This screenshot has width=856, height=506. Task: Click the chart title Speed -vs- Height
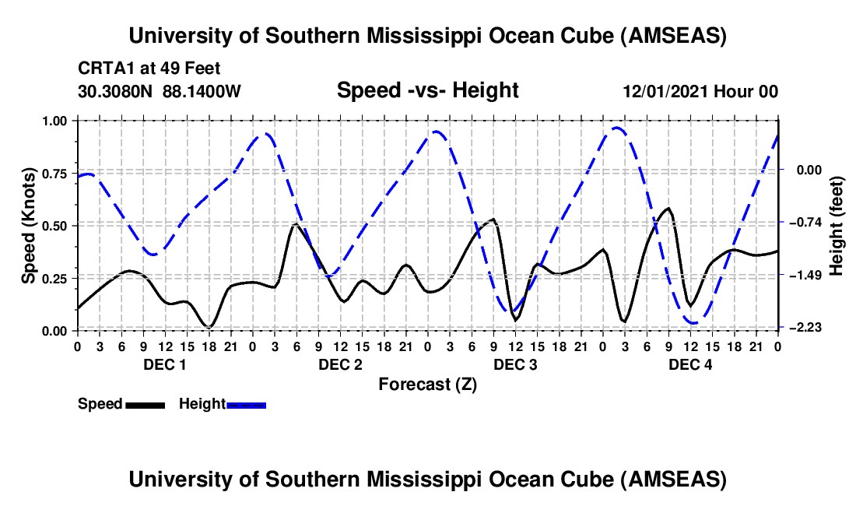point(427,91)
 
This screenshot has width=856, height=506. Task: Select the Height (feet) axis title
point(837,226)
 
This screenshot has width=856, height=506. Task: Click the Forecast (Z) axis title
point(427,384)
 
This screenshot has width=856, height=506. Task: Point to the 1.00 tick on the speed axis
point(56,121)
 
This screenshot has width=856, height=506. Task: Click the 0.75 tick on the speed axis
point(56,174)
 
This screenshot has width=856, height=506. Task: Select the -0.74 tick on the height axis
point(805,223)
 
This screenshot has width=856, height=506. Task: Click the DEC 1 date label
point(164,364)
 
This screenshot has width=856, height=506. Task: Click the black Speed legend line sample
point(145,405)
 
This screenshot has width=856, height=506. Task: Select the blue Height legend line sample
point(246,405)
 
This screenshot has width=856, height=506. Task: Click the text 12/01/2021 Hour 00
point(700,92)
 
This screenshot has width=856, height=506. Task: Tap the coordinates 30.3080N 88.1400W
point(160,92)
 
